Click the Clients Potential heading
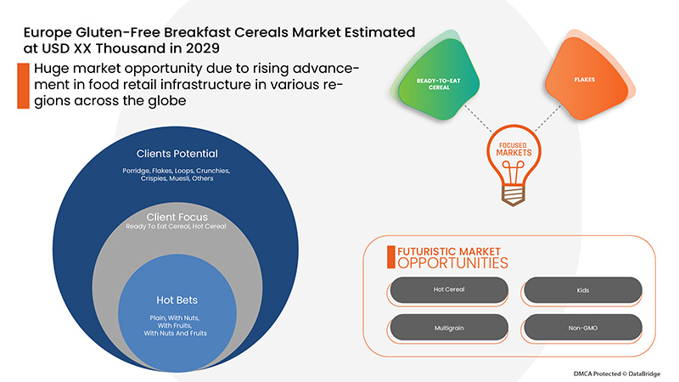pos(177,154)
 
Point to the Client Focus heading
pos(177,216)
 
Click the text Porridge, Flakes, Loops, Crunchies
pos(177,171)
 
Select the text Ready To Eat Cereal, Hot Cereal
pos(177,228)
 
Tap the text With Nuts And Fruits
pos(177,333)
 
